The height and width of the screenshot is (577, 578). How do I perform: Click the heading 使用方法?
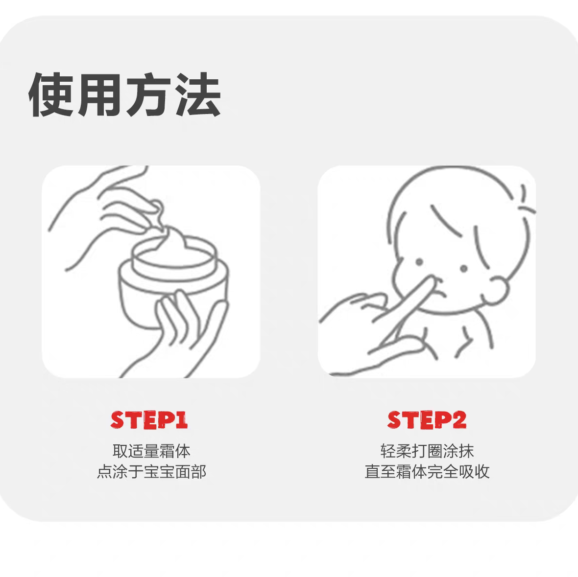(x=124, y=95)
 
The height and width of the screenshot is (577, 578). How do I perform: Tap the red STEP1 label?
(x=149, y=420)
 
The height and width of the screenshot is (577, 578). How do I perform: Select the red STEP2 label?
(x=427, y=420)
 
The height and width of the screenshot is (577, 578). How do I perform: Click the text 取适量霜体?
(x=151, y=451)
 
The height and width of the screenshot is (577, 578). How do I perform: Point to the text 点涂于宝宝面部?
(x=151, y=472)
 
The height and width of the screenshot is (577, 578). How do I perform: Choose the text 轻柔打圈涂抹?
(x=427, y=451)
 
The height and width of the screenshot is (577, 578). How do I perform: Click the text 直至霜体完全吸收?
(x=427, y=472)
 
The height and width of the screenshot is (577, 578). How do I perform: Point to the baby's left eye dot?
(x=419, y=262)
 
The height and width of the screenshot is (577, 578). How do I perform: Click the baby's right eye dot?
(x=463, y=268)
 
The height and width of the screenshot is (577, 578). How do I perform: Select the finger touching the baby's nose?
(x=416, y=299)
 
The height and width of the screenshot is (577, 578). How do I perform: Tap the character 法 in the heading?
(x=198, y=95)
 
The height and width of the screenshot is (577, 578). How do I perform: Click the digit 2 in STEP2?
(x=458, y=420)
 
